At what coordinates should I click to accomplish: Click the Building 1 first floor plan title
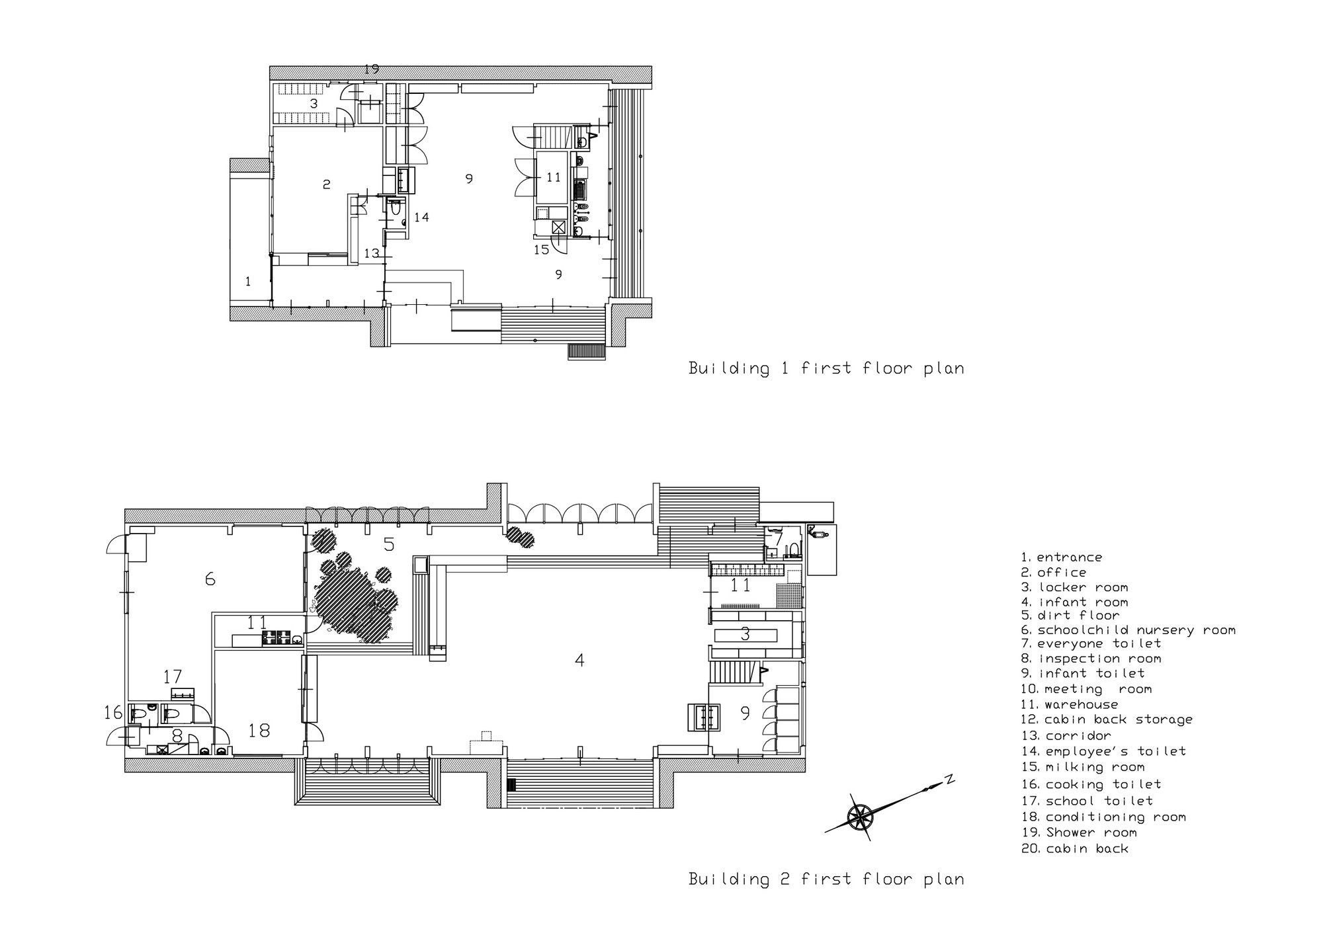(826, 368)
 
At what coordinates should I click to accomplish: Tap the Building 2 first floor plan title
(826, 879)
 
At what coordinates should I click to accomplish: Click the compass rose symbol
(861, 816)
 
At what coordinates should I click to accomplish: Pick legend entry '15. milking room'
(1083, 767)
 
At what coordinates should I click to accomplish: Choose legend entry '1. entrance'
(1062, 557)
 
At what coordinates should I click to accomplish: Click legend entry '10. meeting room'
(1086, 689)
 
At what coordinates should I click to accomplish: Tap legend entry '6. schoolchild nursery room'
(1129, 630)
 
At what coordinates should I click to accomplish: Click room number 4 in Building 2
(579, 660)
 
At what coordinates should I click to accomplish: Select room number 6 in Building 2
(210, 579)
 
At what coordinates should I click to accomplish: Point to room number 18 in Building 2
(259, 731)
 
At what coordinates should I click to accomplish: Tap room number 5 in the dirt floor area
(389, 545)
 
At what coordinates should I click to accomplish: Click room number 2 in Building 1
(326, 184)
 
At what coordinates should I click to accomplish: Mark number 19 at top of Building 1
(371, 69)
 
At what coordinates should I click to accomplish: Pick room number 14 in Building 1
(421, 217)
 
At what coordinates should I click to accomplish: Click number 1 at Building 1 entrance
(248, 282)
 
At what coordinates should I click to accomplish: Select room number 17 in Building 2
(173, 677)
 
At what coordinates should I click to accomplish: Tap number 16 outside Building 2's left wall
(113, 713)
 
